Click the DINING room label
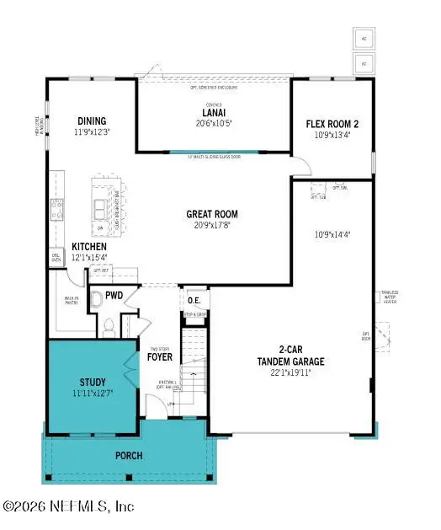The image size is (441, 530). (x=90, y=120)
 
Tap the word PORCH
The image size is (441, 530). (x=129, y=456)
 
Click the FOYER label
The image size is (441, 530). (x=160, y=356)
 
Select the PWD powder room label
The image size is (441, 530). (x=114, y=295)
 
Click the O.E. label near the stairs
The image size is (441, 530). (x=194, y=300)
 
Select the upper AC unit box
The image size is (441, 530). (x=364, y=38)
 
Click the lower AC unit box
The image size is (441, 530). (x=364, y=63)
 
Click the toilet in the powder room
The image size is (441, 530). (x=95, y=297)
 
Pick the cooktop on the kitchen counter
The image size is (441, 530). (x=57, y=207)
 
